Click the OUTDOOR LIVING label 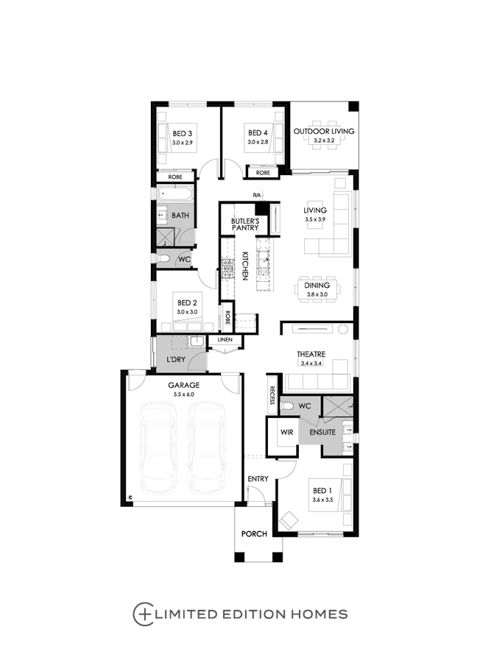[x=324, y=131]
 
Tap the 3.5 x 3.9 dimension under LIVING [x=315, y=219]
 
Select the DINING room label [x=317, y=285]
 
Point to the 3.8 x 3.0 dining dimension [x=317, y=295]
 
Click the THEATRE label [x=311, y=355]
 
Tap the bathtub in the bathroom [x=173, y=194]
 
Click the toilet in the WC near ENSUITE [x=288, y=406]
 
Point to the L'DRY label [x=175, y=359]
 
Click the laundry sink [x=197, y=341]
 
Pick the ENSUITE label [x=323, y=433]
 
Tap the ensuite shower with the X [x=339, y=407]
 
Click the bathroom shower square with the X [x=166, y=236]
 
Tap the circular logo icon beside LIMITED [x=141, y=612]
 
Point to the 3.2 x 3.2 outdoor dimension [x=324, y=140]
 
